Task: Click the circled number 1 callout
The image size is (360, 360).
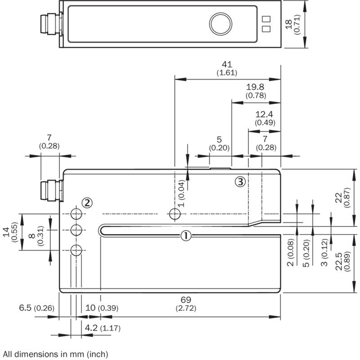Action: click(186, 236)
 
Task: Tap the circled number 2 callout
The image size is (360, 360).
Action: click(87, 203)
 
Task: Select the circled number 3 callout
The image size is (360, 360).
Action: click(240, 182)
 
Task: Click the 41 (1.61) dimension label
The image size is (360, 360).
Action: click(227, 68)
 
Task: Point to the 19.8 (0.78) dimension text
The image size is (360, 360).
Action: click(256, 91)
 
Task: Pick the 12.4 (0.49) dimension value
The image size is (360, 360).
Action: click(265, 118)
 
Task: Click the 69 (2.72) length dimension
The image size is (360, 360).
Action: click(186, 304)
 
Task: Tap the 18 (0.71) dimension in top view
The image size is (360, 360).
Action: click(292, 24)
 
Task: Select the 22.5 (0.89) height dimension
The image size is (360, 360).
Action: click(342, 261)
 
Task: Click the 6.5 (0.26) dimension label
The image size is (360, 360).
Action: click(37, 308)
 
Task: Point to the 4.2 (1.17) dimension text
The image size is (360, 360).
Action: click(103, 328)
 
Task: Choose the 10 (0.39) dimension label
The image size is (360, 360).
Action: click(102, 308)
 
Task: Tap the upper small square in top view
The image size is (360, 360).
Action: click(266, 19)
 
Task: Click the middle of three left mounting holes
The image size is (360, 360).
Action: click(76, 230)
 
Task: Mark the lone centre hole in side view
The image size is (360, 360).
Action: click(175, 214)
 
